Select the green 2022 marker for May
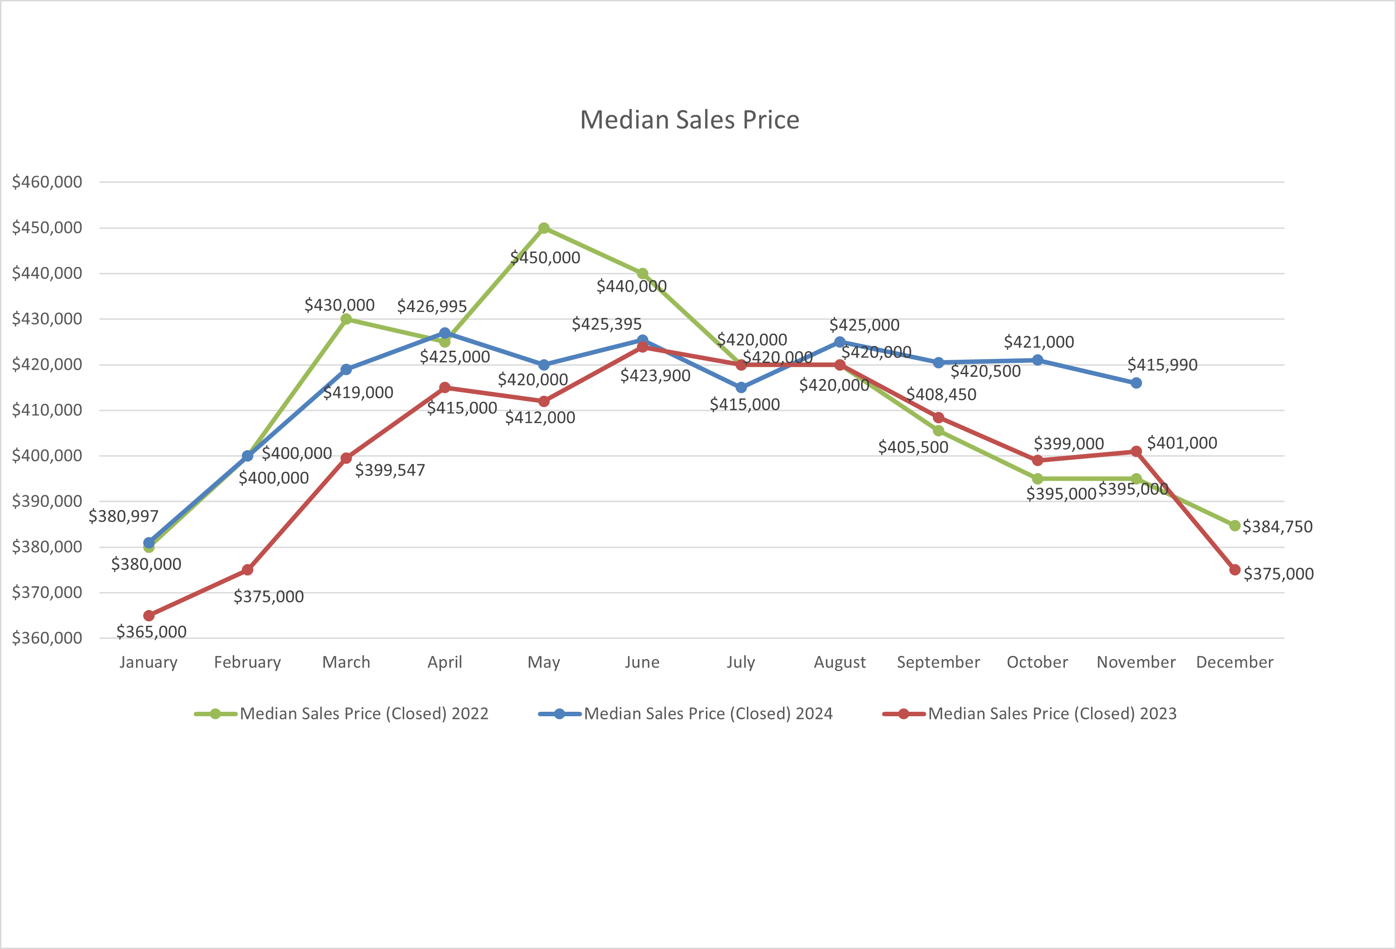544,228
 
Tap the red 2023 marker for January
149,615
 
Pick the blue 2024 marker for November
1136,383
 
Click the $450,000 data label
545,258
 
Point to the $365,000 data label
151,632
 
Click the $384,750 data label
1277,526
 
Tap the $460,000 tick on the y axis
47,182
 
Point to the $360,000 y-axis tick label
47,637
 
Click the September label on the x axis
938,662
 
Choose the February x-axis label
247,662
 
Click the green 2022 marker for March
346,319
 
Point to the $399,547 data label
390,470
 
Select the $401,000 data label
1182,443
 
